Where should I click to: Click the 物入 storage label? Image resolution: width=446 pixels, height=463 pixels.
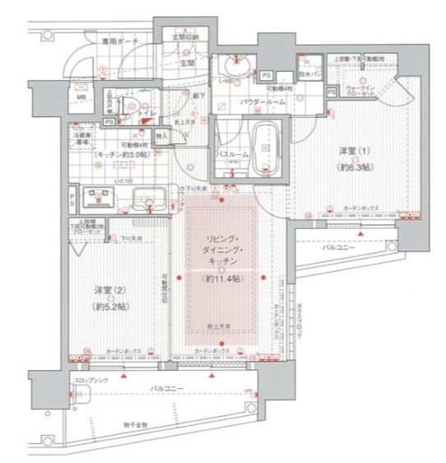[161, 134]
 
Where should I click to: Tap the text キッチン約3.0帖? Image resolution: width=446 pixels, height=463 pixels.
[121, 153]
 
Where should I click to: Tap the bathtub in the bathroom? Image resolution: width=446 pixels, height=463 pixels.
[263, 147]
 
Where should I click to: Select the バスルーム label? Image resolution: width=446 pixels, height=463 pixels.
[230, 153]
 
